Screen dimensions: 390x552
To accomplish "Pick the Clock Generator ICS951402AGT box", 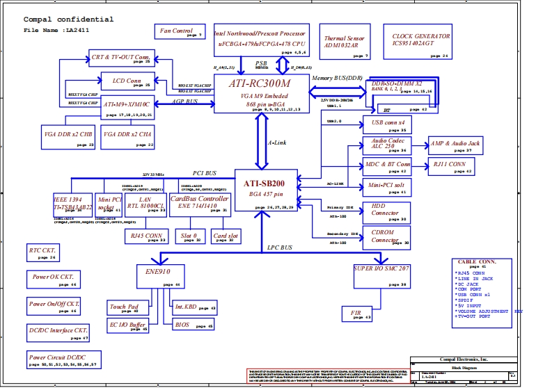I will pos(421,41).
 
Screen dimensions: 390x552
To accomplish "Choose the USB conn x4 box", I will pos(384,124).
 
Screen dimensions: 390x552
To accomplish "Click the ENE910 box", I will pos(159,276).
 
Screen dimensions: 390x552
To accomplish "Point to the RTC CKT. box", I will pos(43,252).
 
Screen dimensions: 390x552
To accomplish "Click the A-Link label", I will pos(277,143).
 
